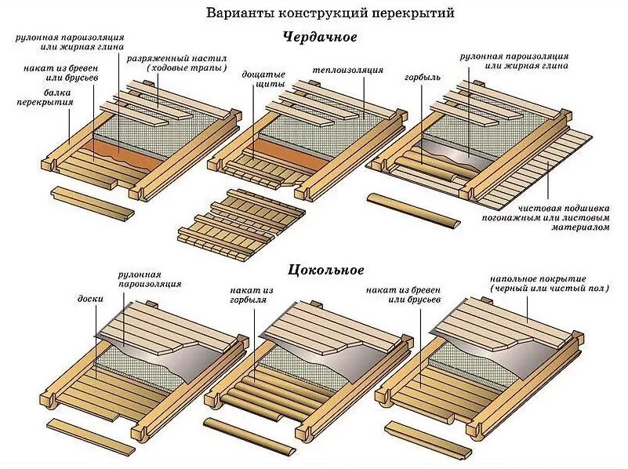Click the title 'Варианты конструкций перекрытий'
coord(329,13)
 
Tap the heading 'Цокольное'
coord(326,270)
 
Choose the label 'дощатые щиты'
coord(267,79)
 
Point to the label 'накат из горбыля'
coord(250,296)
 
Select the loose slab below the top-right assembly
coord(414,211)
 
